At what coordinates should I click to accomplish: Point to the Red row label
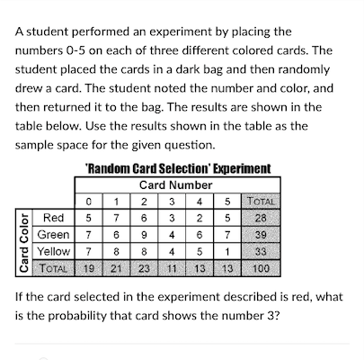click(x=53, y=217)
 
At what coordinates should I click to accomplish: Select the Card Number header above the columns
click(x=172, y=185)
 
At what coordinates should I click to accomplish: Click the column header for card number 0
click(x=87, y=201)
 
